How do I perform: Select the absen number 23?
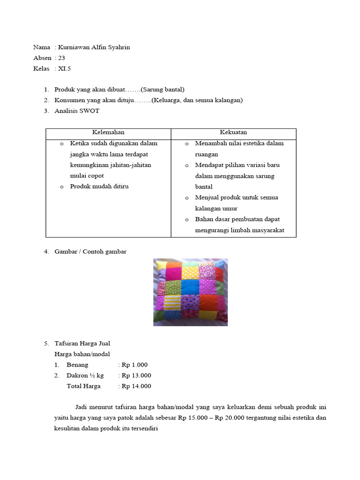coord(62,58)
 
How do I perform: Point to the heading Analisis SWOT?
coord(77,111)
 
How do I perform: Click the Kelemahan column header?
coord(108,133)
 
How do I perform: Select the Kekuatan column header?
coord(233,133)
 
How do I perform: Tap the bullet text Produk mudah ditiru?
coord(99,187)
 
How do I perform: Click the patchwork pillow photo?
coord(190,292)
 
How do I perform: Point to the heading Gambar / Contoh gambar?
coord(90,252)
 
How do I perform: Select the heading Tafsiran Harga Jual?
coord(82,344)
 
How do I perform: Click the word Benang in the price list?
coord(77,365)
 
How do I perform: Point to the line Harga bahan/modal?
coord(82,354)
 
